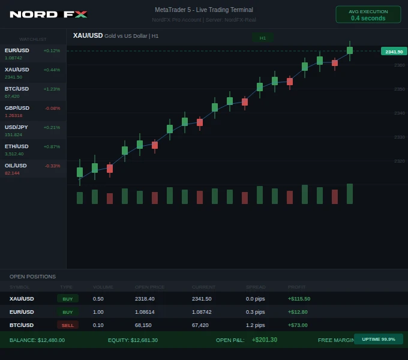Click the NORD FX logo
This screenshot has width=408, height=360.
[49, 14]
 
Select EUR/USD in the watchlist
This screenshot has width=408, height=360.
[32, 54]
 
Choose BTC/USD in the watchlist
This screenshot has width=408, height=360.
[32, 92]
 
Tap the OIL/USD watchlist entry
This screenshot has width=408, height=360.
[32, 169]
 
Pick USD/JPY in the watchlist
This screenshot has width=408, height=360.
[32, 131]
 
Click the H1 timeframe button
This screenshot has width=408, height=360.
[263, 38]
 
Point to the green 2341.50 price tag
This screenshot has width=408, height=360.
[394, 52]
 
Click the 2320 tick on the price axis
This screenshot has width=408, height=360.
[400, 161]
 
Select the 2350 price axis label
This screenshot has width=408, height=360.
[400, 89]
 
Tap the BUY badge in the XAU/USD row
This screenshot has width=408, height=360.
[68, 299]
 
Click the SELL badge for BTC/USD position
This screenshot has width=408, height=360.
[68, 325]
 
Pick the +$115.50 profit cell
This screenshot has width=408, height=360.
[299, 299]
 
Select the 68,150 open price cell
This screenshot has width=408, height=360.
[143, 325]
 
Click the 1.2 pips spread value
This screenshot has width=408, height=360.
[256, 325]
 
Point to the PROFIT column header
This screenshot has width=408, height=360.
[296, 287]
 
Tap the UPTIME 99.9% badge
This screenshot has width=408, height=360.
[379, 339]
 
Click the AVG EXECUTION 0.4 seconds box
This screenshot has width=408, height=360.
[368, 15]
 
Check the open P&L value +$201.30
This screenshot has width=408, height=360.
[265, 340]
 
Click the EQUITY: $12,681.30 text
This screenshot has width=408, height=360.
[133, 340]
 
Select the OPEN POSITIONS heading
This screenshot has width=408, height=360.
[32, 277]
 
